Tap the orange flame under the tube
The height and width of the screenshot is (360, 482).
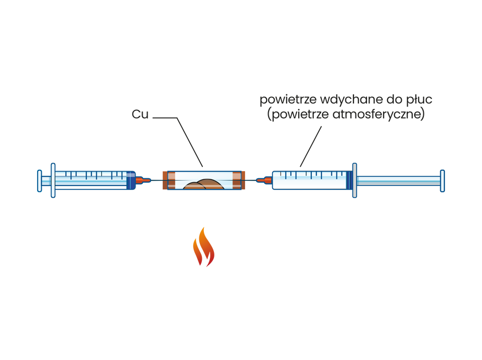click(203, 247)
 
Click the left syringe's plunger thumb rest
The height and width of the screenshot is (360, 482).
click(39, 181)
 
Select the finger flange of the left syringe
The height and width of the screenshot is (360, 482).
click(53, 180)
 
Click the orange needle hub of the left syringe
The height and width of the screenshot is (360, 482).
click(143, 180)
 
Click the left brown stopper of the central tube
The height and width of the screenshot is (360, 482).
click(164, 180)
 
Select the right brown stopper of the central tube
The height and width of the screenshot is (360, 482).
click(244, 180)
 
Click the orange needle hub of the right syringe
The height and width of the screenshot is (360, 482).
click(262, 180)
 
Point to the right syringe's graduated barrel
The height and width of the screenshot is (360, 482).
click(309, 180)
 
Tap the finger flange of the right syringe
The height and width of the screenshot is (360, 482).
click(354, 180)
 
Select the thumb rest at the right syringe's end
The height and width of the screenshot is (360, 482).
click(442, 181)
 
